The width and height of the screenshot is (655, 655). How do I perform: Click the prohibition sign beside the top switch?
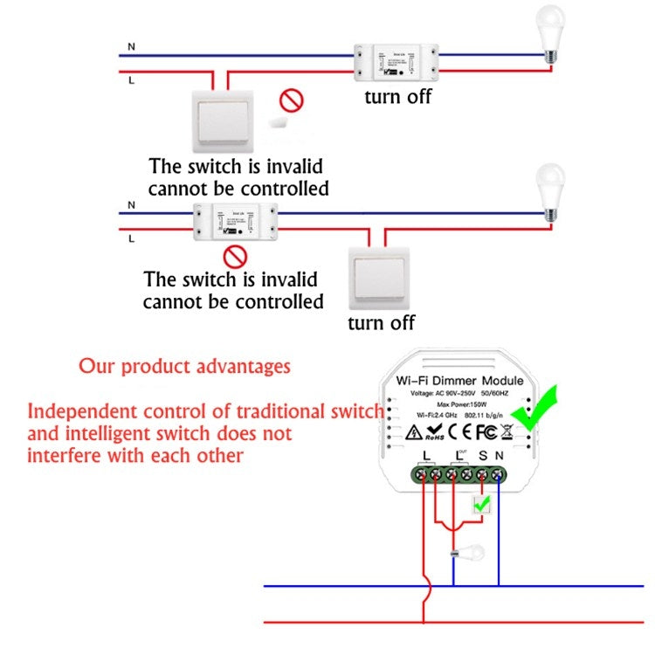coord(291,100)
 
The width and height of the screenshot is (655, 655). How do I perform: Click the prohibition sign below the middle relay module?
coord(235,257)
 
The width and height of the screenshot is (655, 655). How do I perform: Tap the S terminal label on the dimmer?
coord(483,455)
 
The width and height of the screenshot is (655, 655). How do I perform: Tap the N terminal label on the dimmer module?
coord(500,455)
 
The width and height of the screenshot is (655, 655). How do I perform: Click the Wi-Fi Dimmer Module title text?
coord(459,381)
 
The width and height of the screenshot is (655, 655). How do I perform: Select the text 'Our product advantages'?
coord(184,366)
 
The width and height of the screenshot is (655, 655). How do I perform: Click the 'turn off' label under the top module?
coord(398,96)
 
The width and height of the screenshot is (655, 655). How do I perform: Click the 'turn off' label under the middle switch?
coord(382,323)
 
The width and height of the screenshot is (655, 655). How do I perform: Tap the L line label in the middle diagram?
coord(131,238)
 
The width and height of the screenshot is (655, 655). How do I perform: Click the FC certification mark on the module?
coord(486,431)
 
